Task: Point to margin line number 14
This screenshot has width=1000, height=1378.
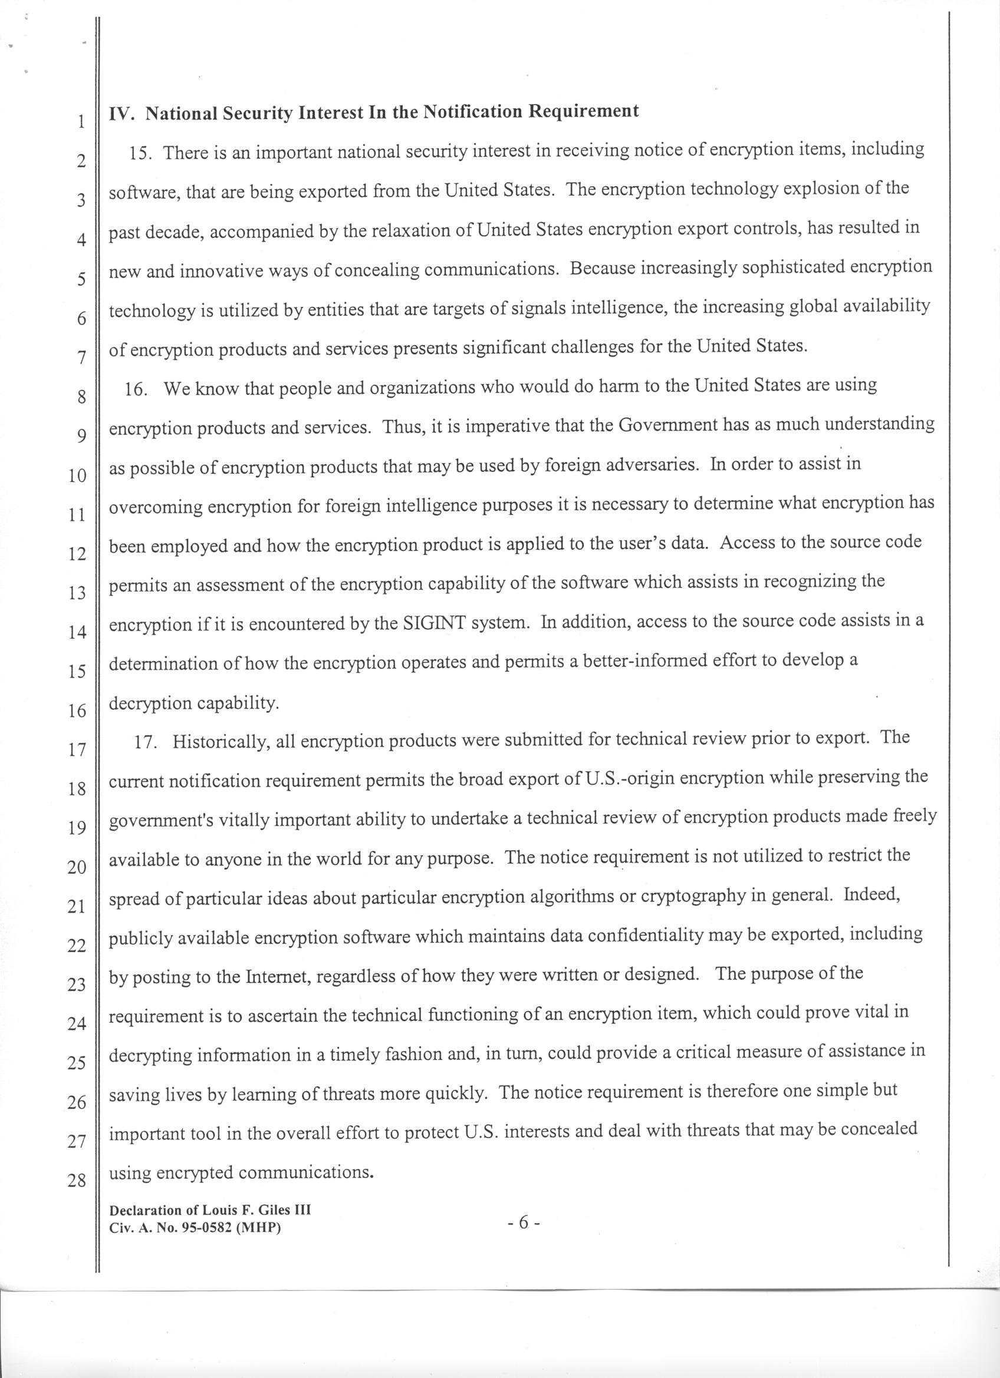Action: (x=77, y=633)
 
